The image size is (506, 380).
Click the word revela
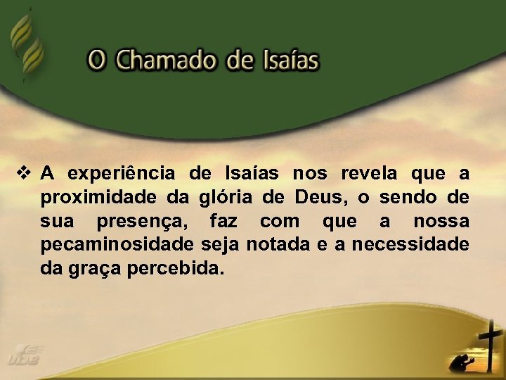[x=369, y=173]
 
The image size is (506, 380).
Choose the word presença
[x=142, y=222]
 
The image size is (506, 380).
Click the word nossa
[x=441, y=222]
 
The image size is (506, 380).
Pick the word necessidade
[x=410, y=246]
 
